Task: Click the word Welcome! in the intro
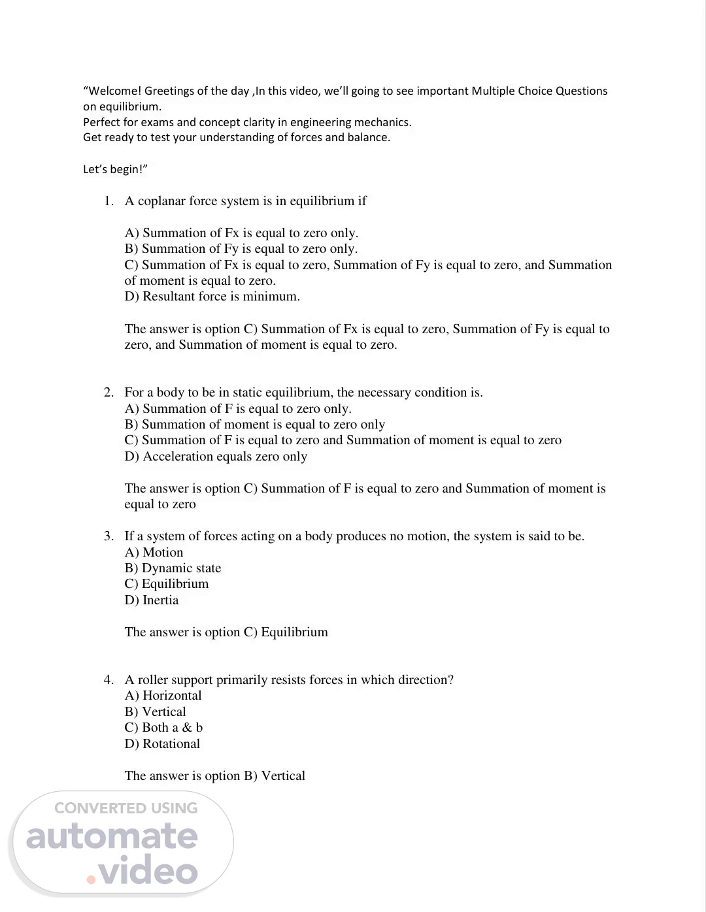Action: (114, 91)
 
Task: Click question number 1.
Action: (109, 201)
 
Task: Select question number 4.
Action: (109, 680)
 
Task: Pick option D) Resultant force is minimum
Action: (212, 297)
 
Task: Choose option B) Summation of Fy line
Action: (241, 249)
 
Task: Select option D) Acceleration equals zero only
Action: (216, 457)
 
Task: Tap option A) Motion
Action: (154, 553)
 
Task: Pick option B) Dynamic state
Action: (173, 568)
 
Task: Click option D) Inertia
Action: (151, 600)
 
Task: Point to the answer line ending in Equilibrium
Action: (226, 632)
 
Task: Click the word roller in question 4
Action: (153, 680)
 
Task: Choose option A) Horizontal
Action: (163, 696)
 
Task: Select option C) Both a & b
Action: (163, 728)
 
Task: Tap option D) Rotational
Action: (162, 744)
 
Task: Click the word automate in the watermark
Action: (112, 838)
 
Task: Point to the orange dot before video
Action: (92, 879)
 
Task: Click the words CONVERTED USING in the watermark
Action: (126, 808)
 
